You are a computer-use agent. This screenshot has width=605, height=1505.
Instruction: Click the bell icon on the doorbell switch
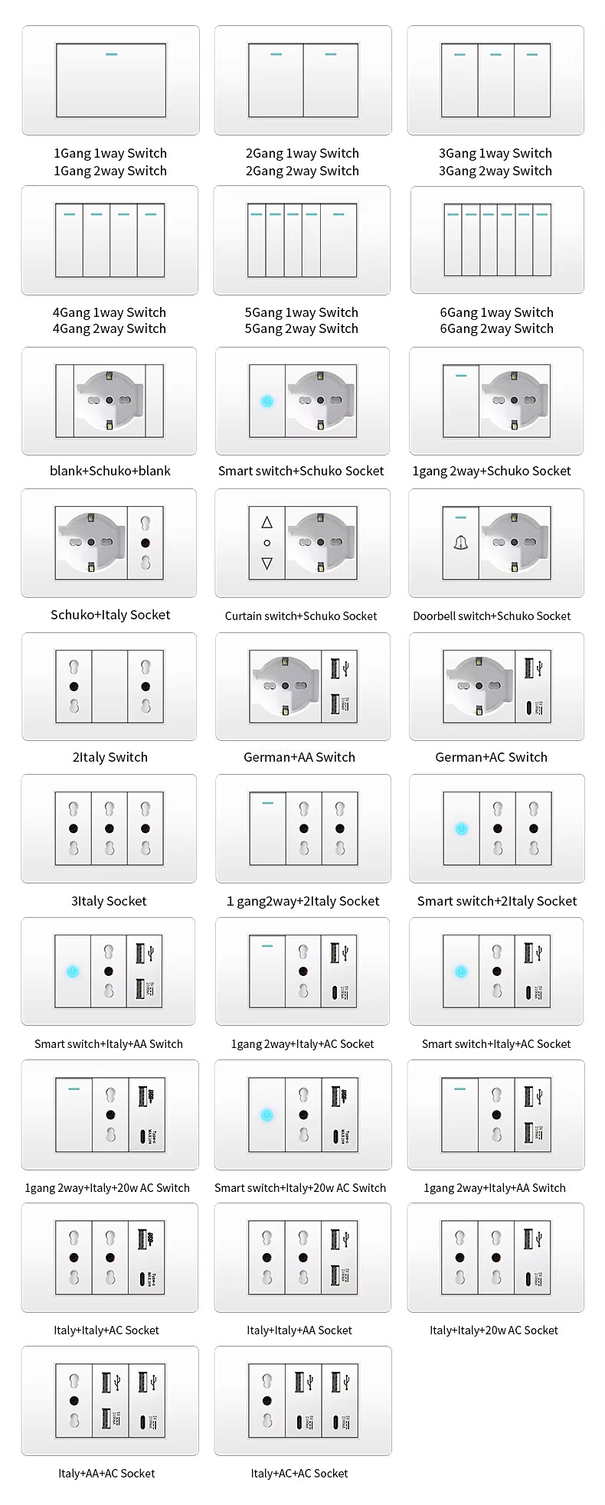[461, 543]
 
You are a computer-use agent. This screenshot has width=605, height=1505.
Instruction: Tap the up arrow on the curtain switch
[267, 522]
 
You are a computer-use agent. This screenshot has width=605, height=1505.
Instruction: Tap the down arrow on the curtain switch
[267, 563]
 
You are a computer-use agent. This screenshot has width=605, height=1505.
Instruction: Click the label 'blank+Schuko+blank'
[110, 471]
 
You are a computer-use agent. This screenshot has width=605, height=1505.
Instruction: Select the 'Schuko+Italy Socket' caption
[110, 615]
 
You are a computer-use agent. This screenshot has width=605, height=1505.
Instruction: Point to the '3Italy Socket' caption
[109, 901]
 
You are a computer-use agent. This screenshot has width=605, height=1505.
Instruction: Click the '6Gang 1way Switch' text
[496, 312]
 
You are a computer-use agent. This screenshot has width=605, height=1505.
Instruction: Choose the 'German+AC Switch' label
[491, 757]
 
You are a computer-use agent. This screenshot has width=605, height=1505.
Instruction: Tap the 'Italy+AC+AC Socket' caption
[299, 1473]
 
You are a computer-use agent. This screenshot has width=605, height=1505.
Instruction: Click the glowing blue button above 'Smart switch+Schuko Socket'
[267, 400]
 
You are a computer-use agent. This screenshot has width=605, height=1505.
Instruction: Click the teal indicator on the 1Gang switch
[111, 55]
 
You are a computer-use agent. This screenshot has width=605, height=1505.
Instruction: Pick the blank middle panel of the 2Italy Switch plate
[110, 687]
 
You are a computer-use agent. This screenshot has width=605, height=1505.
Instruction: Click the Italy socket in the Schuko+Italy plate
[146, 543]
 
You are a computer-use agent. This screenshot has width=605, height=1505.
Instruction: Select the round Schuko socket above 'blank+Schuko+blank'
[110, 400]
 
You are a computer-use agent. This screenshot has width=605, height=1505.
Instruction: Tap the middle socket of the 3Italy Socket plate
[110, 828]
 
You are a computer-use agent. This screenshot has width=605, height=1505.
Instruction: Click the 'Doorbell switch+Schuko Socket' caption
[492, 615]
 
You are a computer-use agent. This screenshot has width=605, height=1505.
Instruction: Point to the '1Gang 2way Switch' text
[110, 171]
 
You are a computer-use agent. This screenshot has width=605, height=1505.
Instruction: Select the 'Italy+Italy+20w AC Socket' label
[494, 1330]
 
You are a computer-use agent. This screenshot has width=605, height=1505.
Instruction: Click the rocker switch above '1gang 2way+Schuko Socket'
[461, 400]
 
